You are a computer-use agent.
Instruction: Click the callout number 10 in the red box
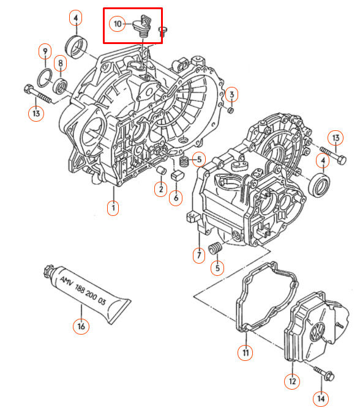(117, 24)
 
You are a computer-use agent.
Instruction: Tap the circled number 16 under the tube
(81, 326)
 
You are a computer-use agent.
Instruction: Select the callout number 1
(113, 208)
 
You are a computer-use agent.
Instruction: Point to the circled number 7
(199, 255)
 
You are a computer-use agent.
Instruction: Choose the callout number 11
(246, 352)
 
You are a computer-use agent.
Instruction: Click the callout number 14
(321, 398)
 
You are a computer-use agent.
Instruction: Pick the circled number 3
(231, 94)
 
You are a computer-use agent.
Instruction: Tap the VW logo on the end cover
(318, 332)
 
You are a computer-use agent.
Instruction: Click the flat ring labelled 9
(45, 78)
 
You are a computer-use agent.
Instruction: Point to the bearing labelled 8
(61, 86)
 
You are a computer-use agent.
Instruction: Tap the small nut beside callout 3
(231, 110)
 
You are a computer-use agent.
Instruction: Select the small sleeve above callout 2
(162, 170)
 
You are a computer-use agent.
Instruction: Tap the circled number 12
(292, 381)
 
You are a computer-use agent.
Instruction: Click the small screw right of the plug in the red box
(162, 31)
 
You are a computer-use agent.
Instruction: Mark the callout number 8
(61, 63)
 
